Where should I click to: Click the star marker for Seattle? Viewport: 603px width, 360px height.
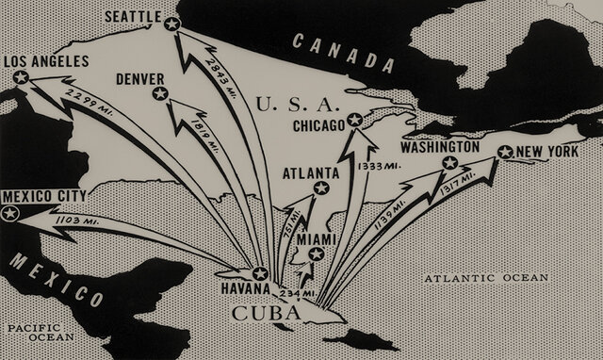(171, 25)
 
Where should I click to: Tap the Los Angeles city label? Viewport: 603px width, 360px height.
(47, 62)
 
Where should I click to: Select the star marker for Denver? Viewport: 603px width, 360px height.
(160, 94)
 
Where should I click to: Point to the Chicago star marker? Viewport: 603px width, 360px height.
(354, 120)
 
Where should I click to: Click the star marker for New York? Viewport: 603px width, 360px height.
(504, 153)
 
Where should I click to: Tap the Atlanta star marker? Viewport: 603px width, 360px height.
(320, 188)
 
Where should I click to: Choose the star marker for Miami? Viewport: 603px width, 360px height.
(317, 253)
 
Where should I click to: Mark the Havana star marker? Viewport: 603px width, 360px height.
(260, 274)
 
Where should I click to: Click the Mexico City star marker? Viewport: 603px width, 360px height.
(10, 214)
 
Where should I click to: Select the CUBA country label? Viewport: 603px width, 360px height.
(265, 310)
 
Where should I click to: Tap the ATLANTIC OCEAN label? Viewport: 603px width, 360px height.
(484, 278)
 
